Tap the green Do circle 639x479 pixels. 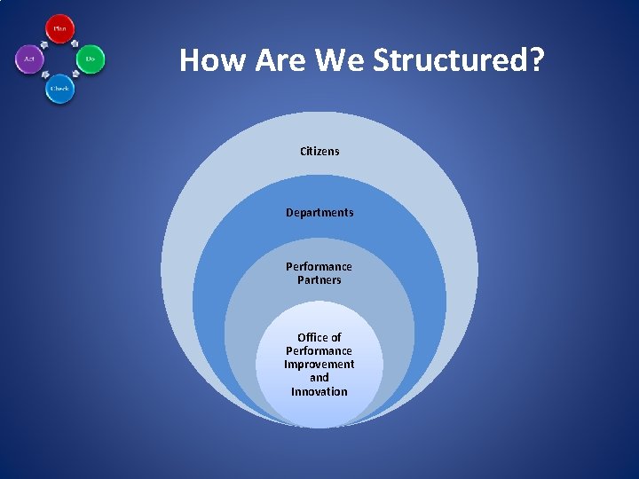point(90,59)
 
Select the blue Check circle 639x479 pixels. point(59,89)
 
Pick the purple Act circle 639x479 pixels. point(29,59)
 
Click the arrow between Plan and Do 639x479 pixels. point(75,43)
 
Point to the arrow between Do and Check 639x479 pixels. point(75,75)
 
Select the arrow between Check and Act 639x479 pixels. point(43,75)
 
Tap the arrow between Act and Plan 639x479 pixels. point(43,43)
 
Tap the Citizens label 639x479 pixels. point(319,151)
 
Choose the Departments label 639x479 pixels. point(319,213)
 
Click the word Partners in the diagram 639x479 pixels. point(319,280)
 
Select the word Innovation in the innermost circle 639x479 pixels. point(319,391)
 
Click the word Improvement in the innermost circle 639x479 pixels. point(319,365)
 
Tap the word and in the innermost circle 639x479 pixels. point(319,378)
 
